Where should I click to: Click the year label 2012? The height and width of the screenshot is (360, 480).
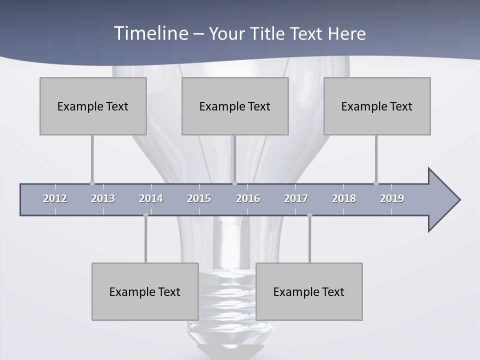55,198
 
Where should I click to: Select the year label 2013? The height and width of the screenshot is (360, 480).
103,198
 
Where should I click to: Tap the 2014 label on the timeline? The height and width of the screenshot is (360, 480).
151,198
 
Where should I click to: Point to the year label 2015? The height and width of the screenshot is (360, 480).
199,198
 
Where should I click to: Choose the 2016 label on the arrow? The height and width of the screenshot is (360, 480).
248,198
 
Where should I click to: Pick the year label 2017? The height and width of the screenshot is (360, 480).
296,198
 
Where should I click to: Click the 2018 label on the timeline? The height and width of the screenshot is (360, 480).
344,198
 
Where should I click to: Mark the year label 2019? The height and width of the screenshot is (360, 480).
392,198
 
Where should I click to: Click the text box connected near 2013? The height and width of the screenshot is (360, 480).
93,106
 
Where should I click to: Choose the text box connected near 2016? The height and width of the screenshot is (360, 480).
235,106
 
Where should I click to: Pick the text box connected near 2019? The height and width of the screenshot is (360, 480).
377,106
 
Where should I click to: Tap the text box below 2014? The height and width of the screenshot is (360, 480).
145,291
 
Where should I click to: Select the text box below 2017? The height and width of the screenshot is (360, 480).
309,291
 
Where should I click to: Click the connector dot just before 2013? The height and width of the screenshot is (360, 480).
92,183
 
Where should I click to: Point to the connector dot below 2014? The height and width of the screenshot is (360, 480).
145,215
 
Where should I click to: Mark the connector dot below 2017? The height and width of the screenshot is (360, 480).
309,215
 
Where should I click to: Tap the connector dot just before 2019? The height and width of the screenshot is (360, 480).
376,183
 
